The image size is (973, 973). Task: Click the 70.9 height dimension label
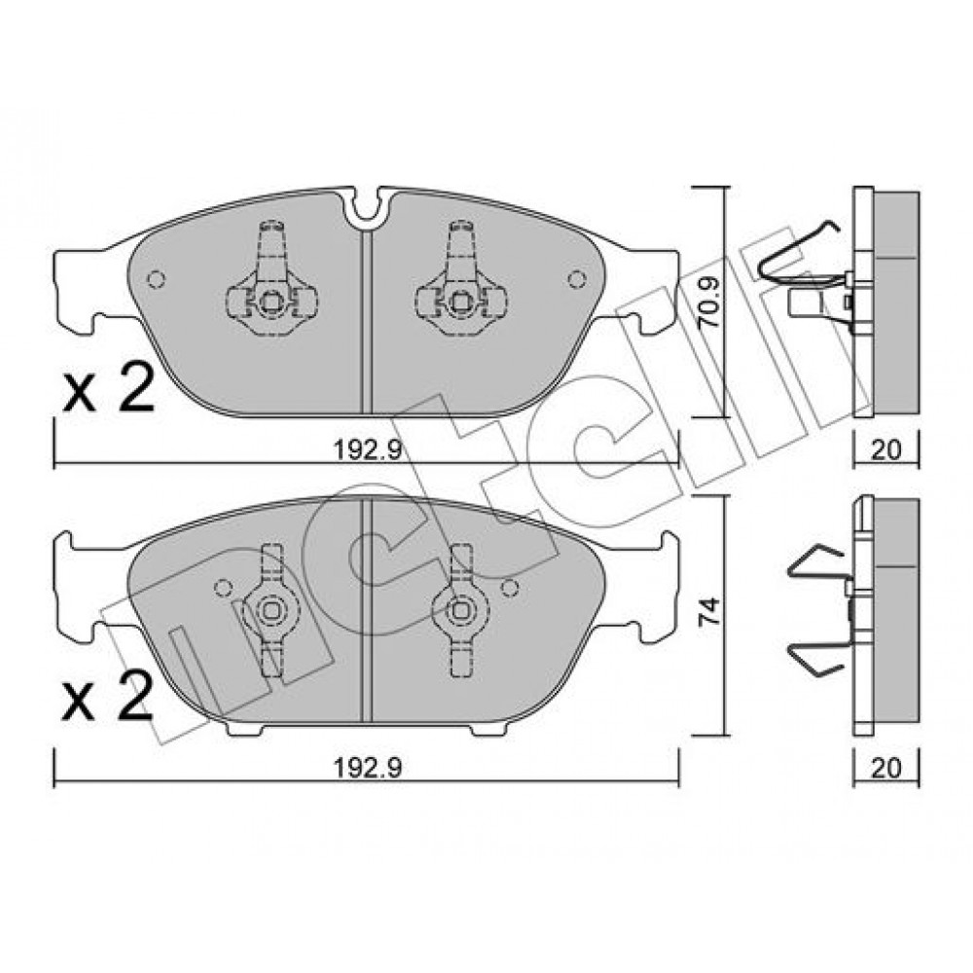tap(710, 303)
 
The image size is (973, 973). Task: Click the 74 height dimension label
tap(709, 611)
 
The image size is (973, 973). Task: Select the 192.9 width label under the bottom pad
tap(368, 769)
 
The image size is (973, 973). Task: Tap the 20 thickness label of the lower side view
tap(885, 769)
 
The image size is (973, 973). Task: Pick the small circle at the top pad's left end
tap(156, 280)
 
